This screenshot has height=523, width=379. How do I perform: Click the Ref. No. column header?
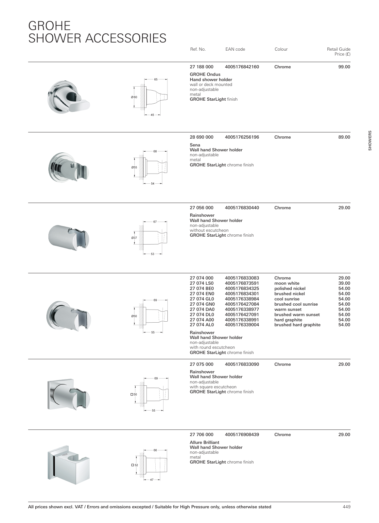coord(198,49)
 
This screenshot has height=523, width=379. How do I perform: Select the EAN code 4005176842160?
coord(242,67)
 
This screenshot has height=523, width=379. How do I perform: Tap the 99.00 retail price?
coord(344,67)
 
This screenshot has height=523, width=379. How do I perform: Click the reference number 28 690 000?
coord(201,137)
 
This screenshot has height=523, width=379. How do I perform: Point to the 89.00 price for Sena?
coord(344,137)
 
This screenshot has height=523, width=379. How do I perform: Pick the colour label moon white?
coord(287,283)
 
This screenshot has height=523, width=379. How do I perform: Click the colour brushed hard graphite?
coord(297,325)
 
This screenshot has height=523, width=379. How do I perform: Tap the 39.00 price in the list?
coord(344,283)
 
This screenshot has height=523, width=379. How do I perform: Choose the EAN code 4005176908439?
coord(242,435)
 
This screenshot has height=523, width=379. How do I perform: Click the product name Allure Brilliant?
coord(204,443)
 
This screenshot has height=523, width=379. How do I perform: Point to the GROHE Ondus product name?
coord(205,75)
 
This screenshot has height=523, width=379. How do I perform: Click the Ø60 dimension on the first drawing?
coord(134,97)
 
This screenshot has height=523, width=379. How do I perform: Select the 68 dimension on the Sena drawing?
coord(155,151)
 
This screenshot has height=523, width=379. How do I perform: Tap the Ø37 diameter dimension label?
coord(134,238)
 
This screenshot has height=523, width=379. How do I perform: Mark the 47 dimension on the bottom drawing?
coord(152,480)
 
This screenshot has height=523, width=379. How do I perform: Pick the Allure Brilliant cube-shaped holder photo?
coord(68,464)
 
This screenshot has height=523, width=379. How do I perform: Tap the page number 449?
coord(346,507)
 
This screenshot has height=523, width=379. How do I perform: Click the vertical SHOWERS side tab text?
coord(370,141)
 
